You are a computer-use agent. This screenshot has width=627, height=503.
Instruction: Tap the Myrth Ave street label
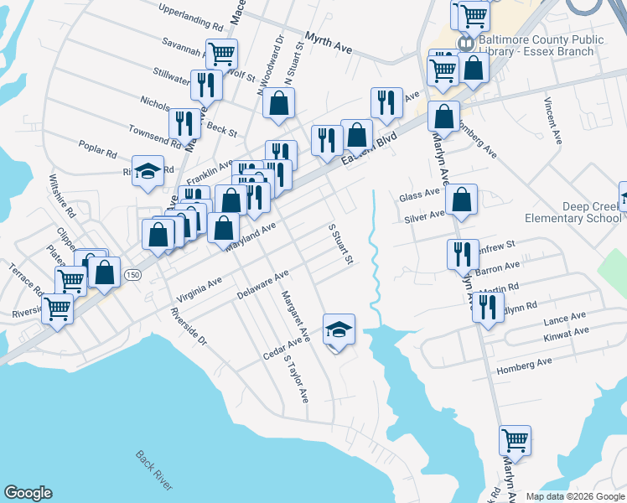[329, 44]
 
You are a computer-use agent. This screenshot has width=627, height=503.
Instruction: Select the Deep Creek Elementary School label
[567, 213]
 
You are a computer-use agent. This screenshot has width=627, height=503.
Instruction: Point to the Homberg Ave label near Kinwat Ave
[525, 362]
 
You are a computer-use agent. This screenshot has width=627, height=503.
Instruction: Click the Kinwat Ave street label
[566, 332]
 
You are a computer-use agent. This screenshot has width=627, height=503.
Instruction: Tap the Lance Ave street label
[564, 319]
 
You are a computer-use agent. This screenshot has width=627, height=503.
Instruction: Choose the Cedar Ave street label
[282, 347]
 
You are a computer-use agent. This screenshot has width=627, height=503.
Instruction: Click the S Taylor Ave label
[296, 379]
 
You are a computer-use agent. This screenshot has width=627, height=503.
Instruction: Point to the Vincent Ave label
[553, 121]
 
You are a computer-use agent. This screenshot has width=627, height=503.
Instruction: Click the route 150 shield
[132, 274]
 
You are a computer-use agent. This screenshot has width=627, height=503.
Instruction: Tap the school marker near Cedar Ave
[339, 329]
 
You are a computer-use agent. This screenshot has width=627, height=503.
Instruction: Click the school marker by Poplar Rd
[148, 170]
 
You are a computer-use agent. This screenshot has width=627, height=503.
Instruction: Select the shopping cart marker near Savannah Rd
[222, 54]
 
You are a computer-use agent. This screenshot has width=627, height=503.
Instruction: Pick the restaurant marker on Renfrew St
[462, 253]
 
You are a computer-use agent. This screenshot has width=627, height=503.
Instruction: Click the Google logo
[28, 493]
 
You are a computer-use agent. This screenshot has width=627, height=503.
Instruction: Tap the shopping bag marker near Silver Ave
[461, 200]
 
